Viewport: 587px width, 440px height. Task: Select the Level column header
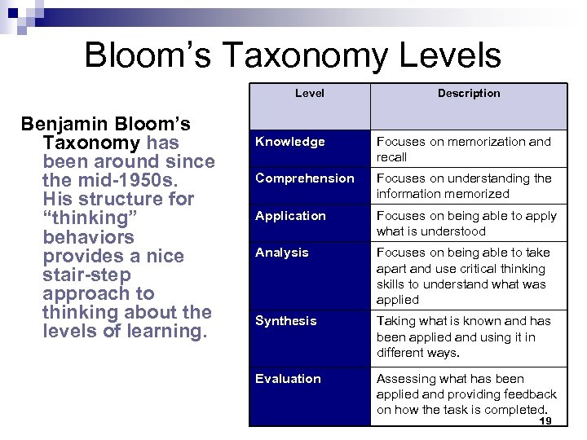point(310,93)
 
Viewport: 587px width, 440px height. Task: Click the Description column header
point(469,93)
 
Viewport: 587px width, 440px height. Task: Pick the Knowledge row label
point(290,142)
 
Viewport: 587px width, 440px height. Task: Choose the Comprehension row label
point(305,178)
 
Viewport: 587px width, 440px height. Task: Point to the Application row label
point(290,216)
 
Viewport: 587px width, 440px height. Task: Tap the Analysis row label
point(282,253)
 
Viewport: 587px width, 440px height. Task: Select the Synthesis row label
point(286,321)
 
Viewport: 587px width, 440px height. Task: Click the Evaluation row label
point(288,379)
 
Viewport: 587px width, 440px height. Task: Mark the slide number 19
point(545,420)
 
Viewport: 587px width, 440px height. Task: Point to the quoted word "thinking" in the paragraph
point(90,218)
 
